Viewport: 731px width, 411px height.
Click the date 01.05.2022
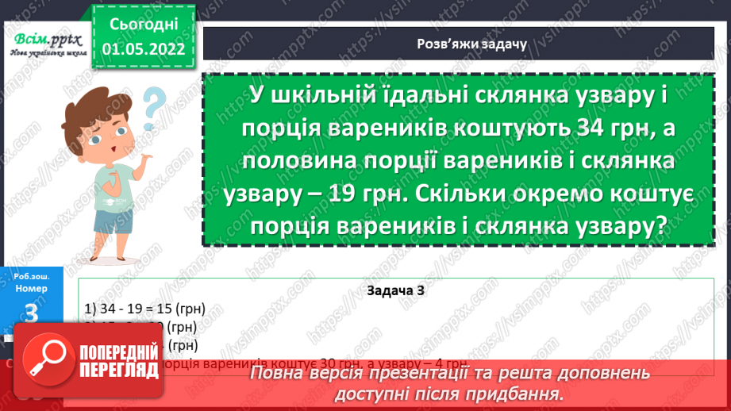click(x=144, y=48)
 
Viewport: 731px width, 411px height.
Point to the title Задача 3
click(x=397, y=290)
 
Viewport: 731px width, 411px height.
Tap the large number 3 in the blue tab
click(x=32, y=314)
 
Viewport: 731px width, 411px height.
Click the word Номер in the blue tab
click(x=32, y=289)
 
